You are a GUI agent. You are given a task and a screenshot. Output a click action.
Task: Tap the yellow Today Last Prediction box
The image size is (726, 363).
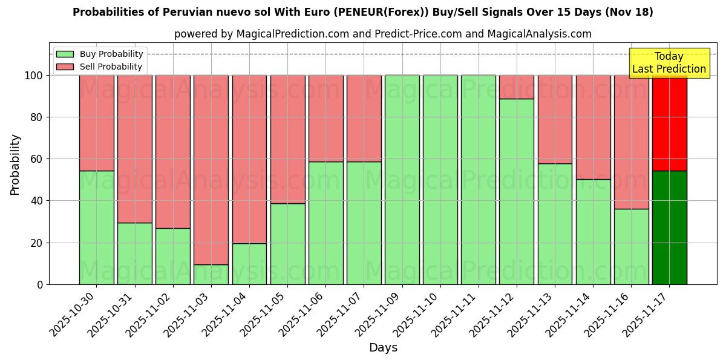669,63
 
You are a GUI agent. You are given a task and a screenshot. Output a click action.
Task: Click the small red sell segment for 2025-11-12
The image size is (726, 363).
517,87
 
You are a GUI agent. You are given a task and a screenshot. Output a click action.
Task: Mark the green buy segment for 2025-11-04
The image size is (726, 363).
249,264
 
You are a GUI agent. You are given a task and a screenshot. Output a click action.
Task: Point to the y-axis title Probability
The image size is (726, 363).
15,165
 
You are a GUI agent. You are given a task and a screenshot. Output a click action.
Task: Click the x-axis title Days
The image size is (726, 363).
383,348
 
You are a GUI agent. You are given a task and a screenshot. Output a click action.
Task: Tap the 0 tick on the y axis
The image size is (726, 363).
40,284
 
